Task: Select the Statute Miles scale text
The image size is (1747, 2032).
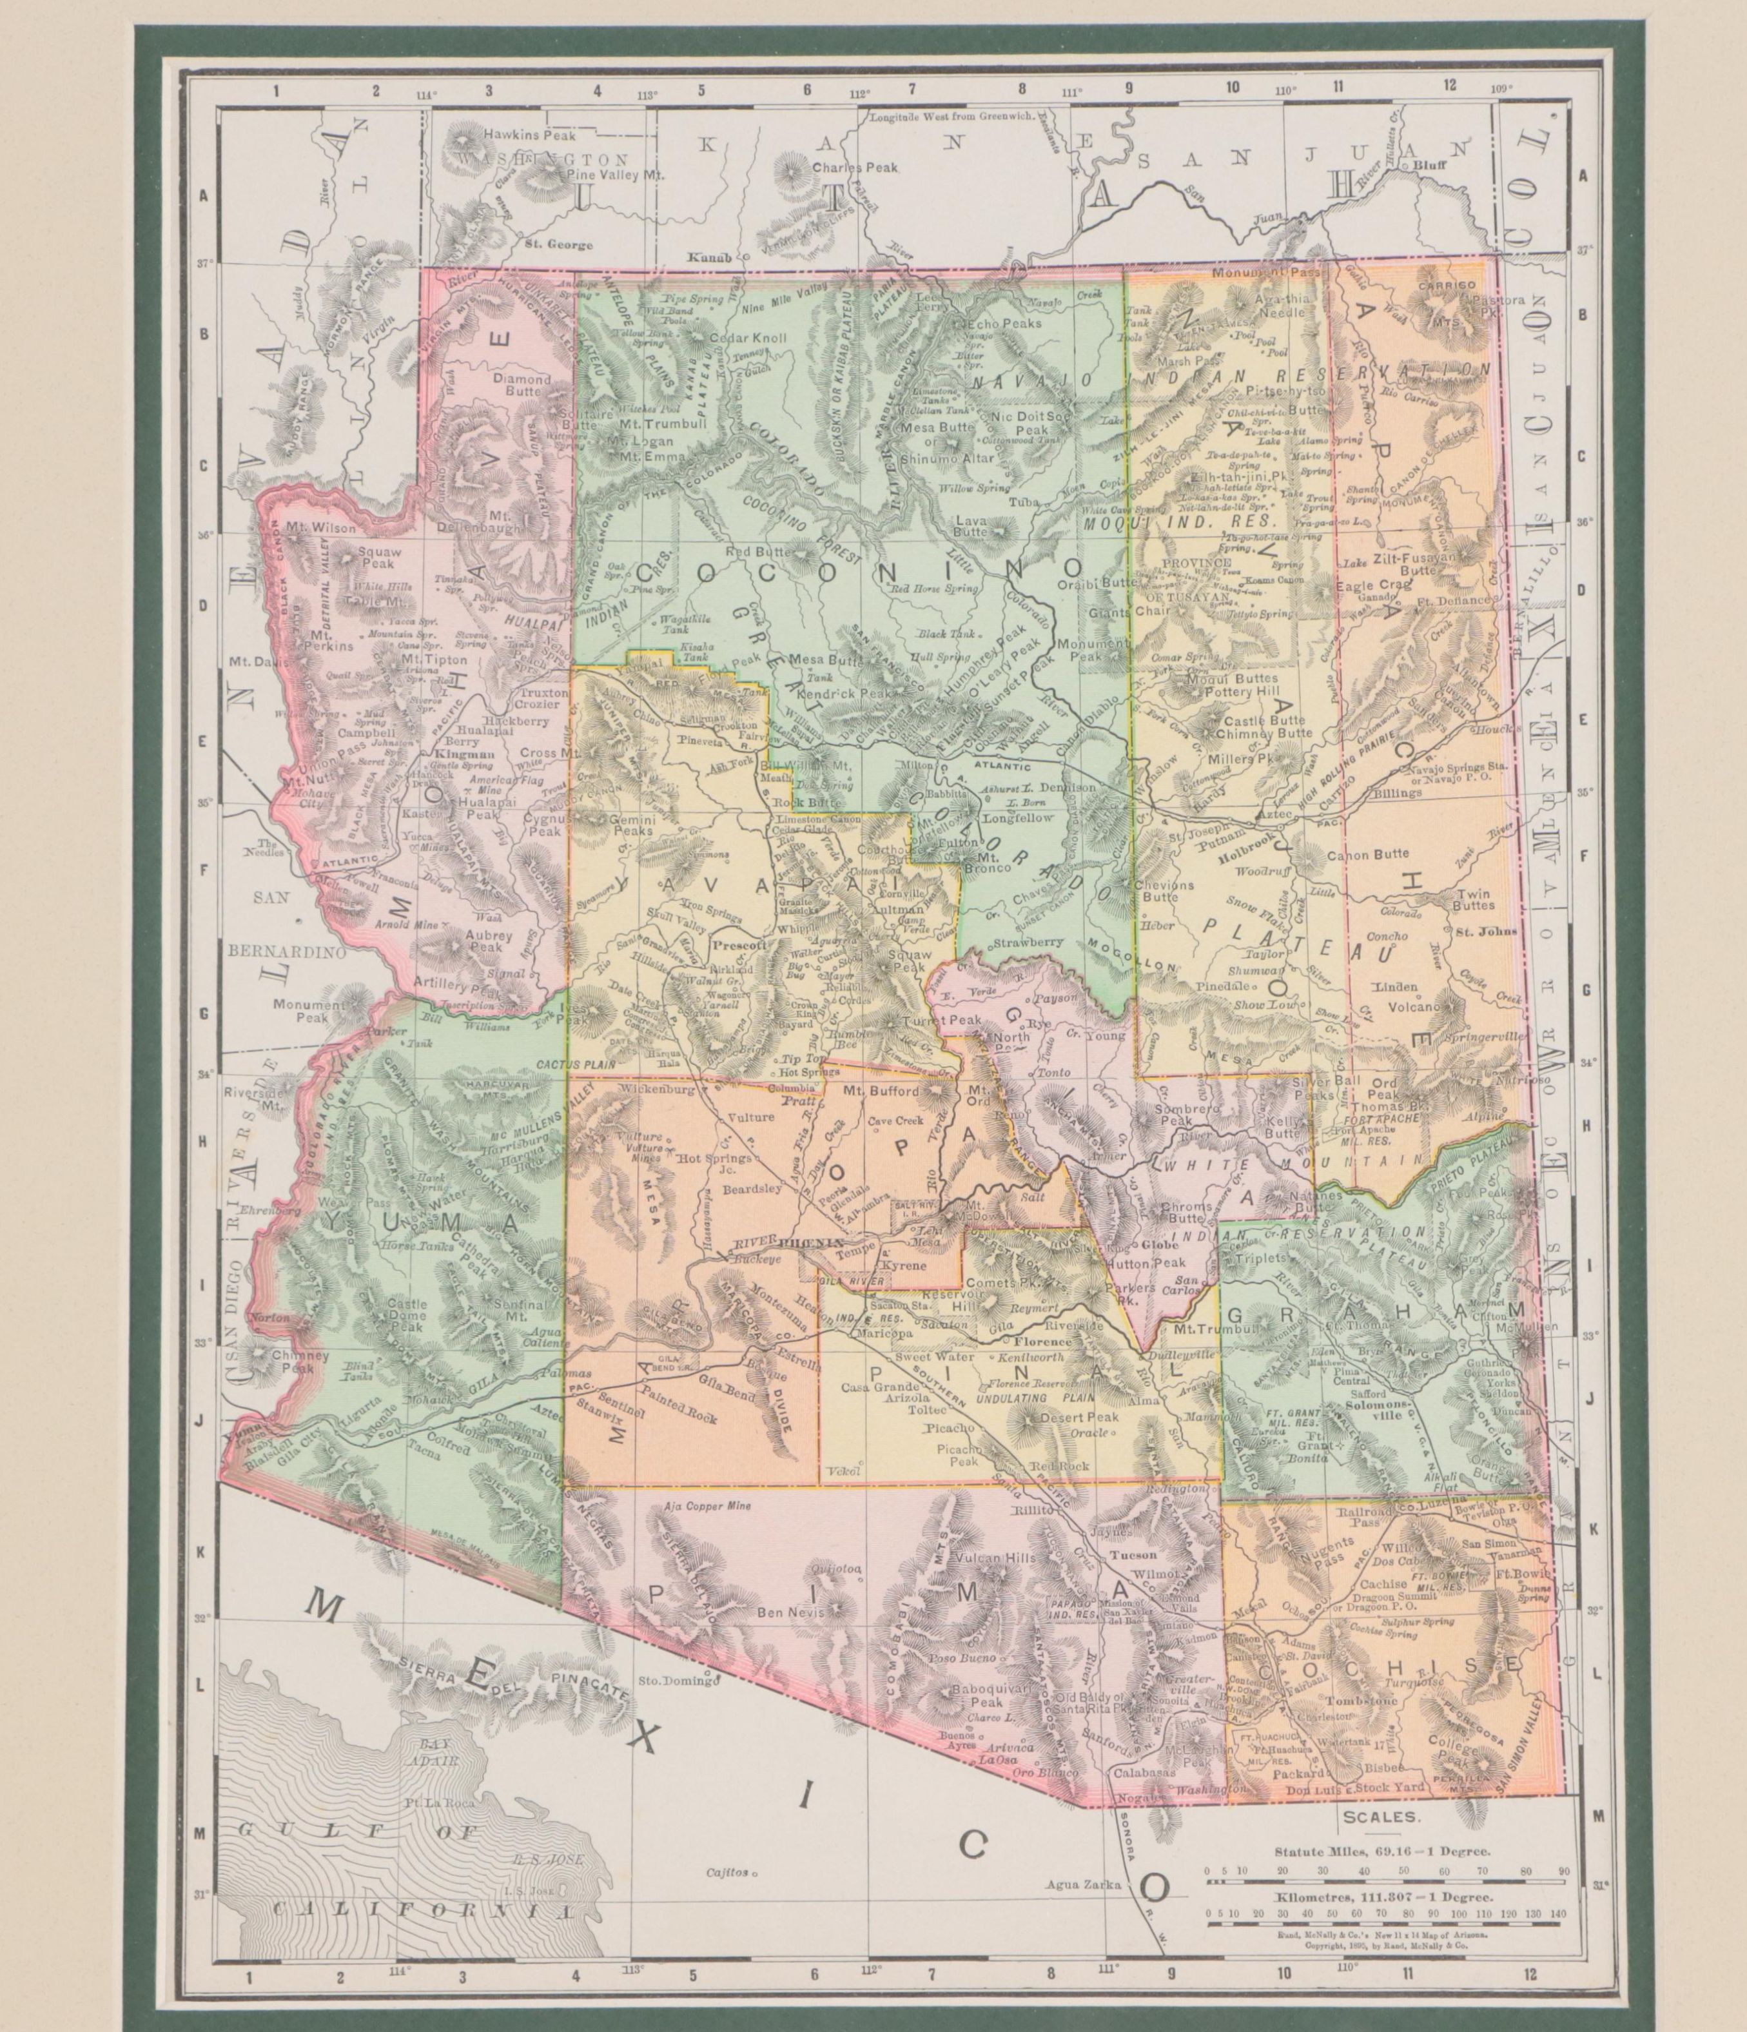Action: (x=1382, y=1853)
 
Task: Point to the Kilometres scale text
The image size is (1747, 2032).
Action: (x=1383, y=1899)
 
